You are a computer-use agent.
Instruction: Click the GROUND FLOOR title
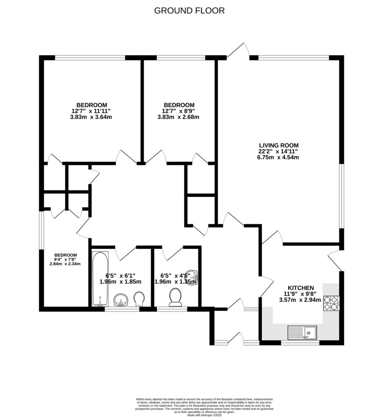pos(189,11)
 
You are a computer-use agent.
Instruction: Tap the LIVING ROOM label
pos(279,145)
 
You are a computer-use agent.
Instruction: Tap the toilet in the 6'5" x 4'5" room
pos(176,297)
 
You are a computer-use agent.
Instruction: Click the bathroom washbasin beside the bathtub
pos(121,301)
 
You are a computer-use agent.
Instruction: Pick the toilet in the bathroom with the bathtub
pos(139,299)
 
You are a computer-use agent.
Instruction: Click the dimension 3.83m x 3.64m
pos(91,117)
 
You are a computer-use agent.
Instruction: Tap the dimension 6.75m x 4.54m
pos(279,157)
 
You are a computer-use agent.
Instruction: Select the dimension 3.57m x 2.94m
pos(300,300)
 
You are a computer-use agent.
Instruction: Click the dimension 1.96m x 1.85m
pos(120,281)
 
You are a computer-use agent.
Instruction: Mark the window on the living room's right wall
pos(341,196)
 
